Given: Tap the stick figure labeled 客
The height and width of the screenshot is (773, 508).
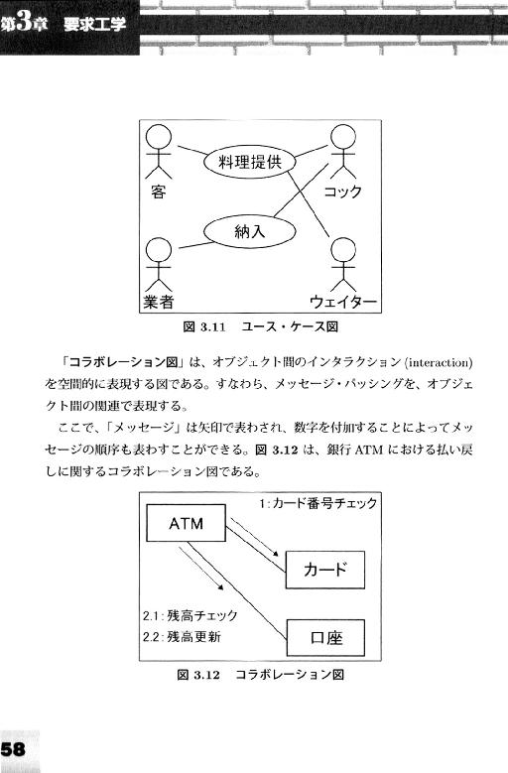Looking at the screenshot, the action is point(159,152).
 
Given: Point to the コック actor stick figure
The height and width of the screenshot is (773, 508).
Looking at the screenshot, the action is point(343,152).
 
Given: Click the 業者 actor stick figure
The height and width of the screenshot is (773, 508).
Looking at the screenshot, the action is point(159,265).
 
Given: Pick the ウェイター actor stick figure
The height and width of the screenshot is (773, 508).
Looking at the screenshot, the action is point(343,265).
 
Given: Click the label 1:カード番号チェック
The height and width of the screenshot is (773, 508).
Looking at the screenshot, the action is point(317,503).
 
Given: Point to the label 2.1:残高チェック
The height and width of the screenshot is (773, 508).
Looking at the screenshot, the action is point(190,615).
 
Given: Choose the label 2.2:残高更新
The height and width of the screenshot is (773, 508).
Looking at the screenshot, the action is point(182,637).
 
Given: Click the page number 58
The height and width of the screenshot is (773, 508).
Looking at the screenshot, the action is point(13,749).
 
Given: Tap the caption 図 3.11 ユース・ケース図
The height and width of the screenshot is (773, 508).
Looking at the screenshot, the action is point(260,326).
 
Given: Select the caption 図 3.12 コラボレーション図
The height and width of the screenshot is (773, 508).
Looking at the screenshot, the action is point(260,675).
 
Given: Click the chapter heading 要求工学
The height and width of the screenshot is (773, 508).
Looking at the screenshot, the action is point(94,24).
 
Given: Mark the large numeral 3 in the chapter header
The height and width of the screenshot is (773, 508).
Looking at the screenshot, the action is point(23,23).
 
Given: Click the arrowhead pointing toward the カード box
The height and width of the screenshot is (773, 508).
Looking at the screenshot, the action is point(275,554).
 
